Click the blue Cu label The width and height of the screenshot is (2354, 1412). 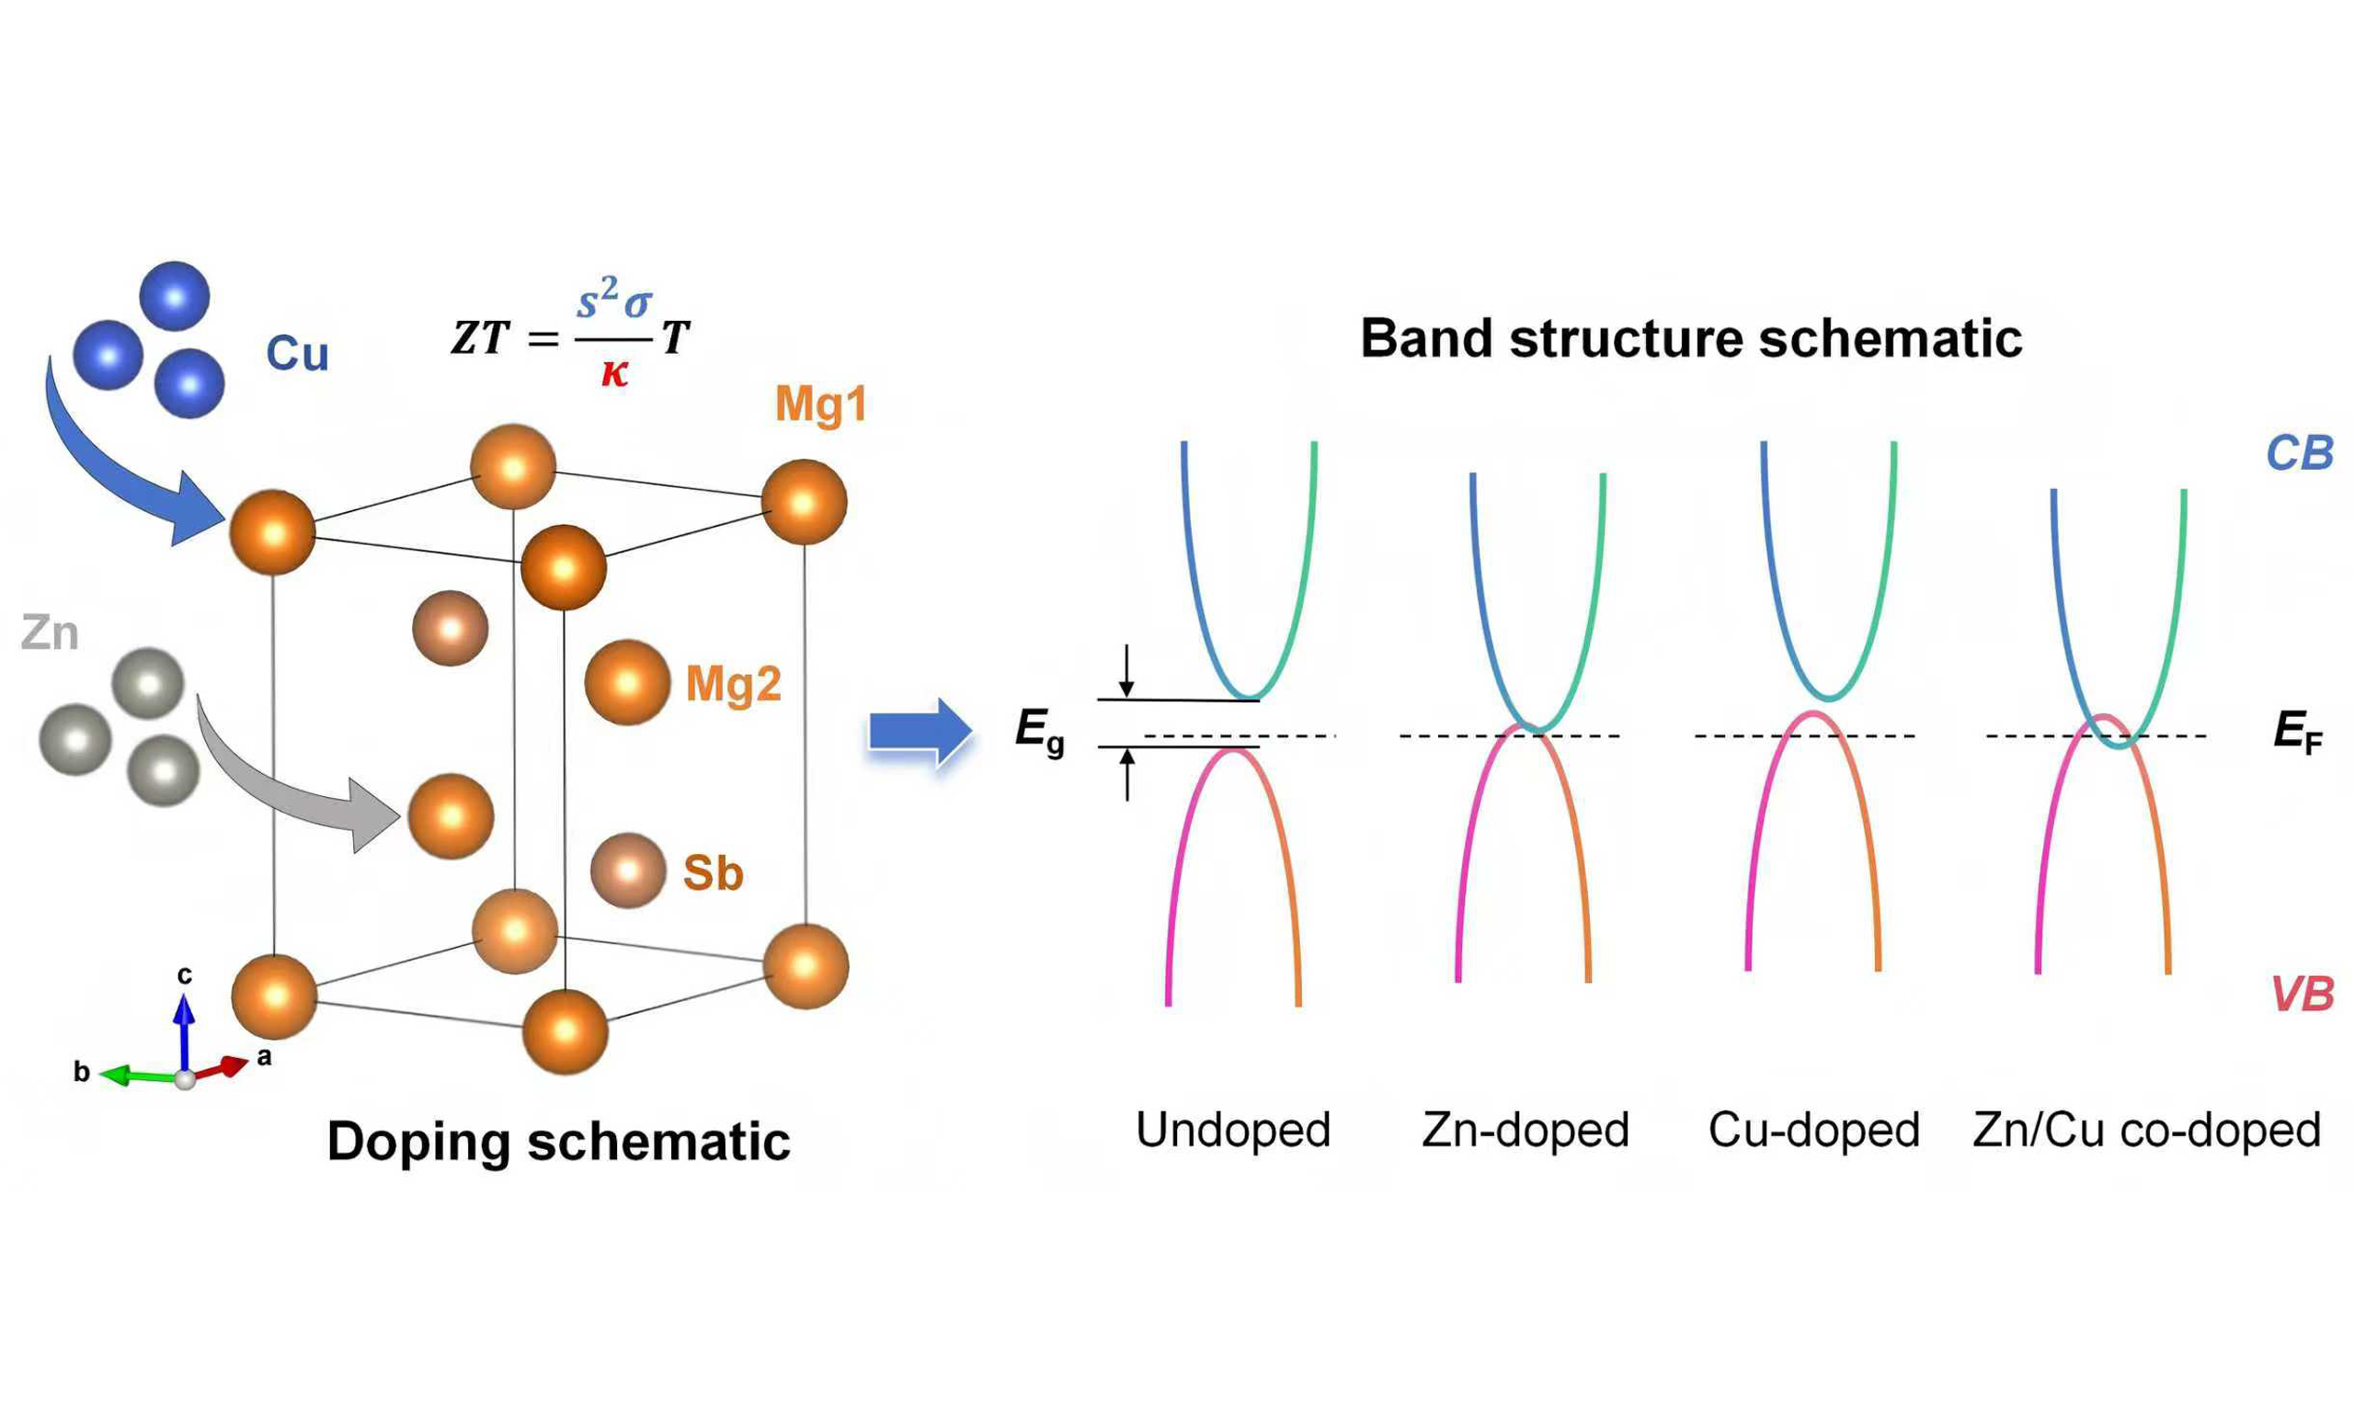coord(297,354)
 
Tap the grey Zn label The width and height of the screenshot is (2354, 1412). coord(50,633)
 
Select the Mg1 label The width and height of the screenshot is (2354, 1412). coord(820,404)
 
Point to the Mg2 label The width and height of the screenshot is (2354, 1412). coord(734,684)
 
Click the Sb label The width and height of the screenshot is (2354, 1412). coord(713,873)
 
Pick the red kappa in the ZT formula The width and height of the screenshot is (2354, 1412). coord(614,373)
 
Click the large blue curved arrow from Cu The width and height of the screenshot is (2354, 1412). coord(114,466)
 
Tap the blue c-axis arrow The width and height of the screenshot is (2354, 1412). coord(184,1032)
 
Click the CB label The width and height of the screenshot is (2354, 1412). coord(2299,454)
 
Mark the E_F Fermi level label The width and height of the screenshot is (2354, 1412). coord(2298,733)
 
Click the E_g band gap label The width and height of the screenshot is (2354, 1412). coord(1039,731)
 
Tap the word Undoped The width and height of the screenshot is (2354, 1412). coord(1233,1131)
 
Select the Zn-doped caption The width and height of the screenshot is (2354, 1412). coord(1526,1131)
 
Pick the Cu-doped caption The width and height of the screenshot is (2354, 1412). coord(1813,1131)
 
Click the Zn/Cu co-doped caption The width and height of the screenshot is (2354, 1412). coord(2146,1131)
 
